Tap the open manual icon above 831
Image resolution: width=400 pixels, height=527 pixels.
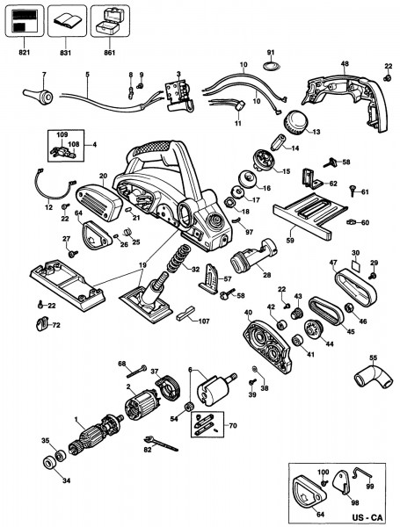click(67, 21)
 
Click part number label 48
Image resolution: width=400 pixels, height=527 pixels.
click(345, 63)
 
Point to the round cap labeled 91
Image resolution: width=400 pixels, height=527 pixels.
click(271, 65)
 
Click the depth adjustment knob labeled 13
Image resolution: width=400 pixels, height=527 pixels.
click(295, 122)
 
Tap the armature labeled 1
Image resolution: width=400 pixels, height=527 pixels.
click(96, 435)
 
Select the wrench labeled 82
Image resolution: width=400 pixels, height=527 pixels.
click(160, 444)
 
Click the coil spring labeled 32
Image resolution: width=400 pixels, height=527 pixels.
click(178, 259)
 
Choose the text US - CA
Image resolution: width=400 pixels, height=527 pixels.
click(367, 517)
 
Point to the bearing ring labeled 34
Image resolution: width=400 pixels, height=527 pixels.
click(50, 463)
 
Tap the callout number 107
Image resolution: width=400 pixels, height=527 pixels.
click(204, 321)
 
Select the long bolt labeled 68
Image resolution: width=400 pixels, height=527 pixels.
click(136, 372)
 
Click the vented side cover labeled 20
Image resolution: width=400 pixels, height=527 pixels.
click(99, 200)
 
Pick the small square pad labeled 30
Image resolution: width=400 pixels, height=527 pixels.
click(356, 265)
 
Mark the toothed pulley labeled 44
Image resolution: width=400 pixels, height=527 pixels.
click(313, 328)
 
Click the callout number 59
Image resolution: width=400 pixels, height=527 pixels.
click(290, 240)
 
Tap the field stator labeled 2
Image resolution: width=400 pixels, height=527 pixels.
click(141, 405)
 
